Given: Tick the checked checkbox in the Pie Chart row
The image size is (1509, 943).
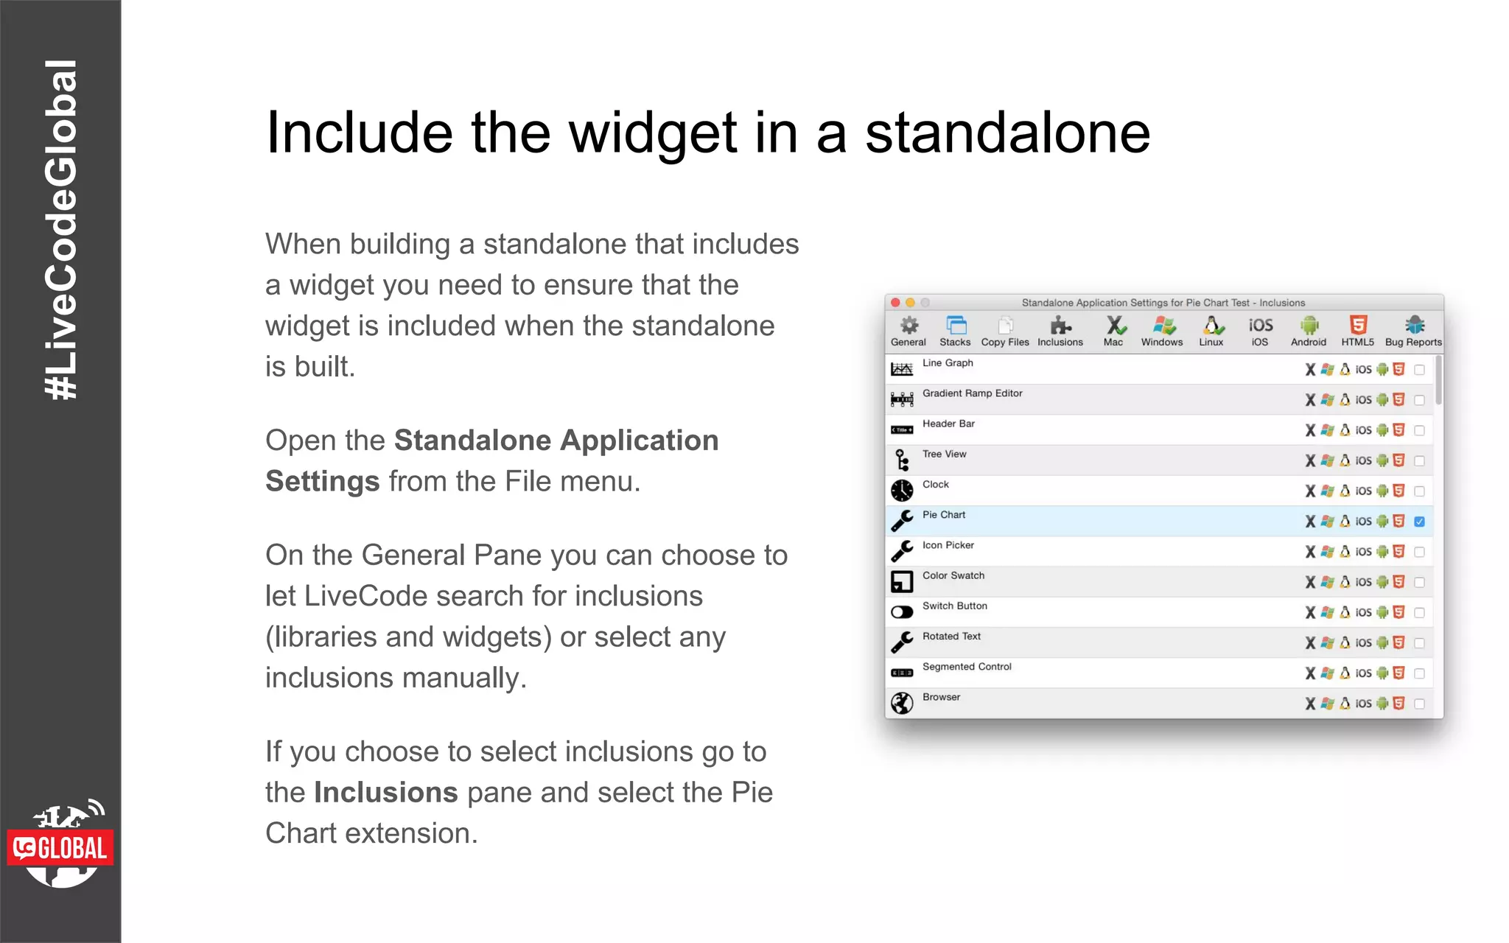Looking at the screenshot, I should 1419,522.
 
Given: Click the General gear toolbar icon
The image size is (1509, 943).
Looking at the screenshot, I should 908,326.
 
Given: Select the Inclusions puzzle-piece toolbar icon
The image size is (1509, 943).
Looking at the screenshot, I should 1060,326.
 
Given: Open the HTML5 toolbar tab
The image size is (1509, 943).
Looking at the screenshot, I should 1357,326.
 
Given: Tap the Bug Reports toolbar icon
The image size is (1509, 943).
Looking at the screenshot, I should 1413,326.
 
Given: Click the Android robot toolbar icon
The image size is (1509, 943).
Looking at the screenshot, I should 1309,326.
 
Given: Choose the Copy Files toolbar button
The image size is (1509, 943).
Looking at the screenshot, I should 1005,326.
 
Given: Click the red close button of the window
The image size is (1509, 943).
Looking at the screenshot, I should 895,303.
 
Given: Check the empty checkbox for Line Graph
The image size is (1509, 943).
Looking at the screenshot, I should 1419,370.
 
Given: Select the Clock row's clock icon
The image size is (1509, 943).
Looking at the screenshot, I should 902,491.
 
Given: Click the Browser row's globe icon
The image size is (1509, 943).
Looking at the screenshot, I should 902,703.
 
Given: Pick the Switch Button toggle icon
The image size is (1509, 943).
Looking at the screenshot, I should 902,612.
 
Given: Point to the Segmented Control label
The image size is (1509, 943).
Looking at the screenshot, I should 967,667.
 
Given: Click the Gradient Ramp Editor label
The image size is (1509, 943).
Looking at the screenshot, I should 972,393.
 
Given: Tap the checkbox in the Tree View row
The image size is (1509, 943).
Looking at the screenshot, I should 1419,461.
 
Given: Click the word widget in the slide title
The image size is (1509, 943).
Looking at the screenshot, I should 653,133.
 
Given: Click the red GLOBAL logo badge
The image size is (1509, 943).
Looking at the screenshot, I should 60,849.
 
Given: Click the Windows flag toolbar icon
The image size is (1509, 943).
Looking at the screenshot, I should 1162,326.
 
